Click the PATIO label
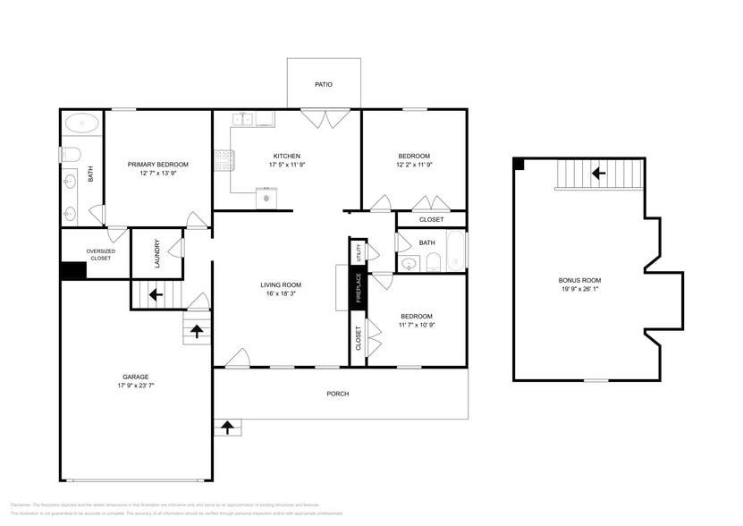(x=324, y=85)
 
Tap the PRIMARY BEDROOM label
(x=158, y=165)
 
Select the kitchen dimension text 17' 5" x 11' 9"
(x=287, y=165)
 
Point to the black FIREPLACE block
(x=358, y=289)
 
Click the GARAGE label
(x=136, y=377)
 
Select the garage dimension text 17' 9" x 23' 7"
(x=136, y=386)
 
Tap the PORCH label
(x=338, y=394)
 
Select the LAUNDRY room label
(x=157, y=253)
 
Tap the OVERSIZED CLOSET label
(x=100, y=254)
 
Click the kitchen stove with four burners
(x=224, y=161)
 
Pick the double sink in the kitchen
(x=245, y=119)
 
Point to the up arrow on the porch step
(x=227, y=428)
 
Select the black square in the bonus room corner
(x=519, y=164)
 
